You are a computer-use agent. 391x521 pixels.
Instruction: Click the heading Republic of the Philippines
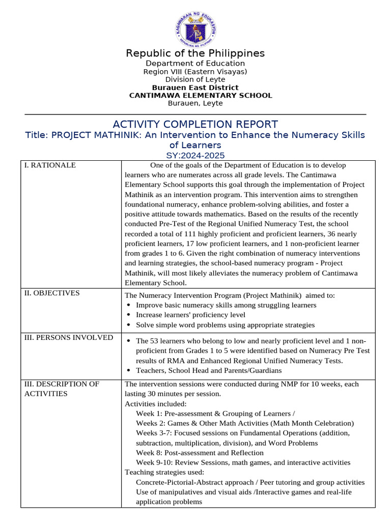[x=195, y=53]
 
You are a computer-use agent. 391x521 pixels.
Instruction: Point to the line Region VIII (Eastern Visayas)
[x=195, y=72]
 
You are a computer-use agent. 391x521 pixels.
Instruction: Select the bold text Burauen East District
[x=195, y=88]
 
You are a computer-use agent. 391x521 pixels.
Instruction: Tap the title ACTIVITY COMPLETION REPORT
[x=195, y=124]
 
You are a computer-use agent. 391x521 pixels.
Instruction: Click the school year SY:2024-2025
[x=195, y=156]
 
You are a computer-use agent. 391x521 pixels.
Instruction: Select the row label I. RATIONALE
[x=50, y=165]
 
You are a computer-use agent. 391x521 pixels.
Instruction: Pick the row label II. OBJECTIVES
[x=52, y=293]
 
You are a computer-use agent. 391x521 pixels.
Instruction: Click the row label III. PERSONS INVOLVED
[x=68, y=338]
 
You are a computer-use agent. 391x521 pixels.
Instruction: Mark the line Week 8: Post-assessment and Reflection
[x=200, y=453]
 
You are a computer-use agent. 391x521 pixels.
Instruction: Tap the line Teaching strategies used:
[x=157, y=472]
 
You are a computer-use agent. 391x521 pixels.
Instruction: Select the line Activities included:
[x=149, y=403]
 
